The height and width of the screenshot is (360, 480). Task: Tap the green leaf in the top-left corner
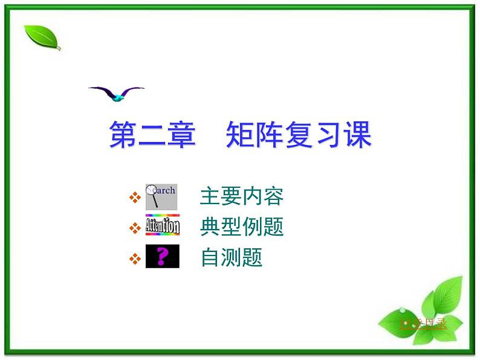pos(42,37)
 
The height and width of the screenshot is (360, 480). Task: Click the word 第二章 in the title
pos(152,135)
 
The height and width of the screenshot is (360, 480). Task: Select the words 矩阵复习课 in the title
pos(298,135)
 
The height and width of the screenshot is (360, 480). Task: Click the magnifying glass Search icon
pos(161,197)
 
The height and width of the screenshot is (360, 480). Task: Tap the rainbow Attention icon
pos(162,226)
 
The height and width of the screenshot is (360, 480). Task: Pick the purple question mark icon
pos(162,258)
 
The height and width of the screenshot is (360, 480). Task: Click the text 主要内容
pos(241,196)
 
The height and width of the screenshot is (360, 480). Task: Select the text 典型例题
pos(241,227)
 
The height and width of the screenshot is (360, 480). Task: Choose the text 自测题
pos(231,258)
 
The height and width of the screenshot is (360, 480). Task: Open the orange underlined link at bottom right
pos(423,324)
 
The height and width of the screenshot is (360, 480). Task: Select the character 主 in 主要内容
pos(209,196)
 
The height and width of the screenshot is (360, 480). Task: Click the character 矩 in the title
pos(239,135)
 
